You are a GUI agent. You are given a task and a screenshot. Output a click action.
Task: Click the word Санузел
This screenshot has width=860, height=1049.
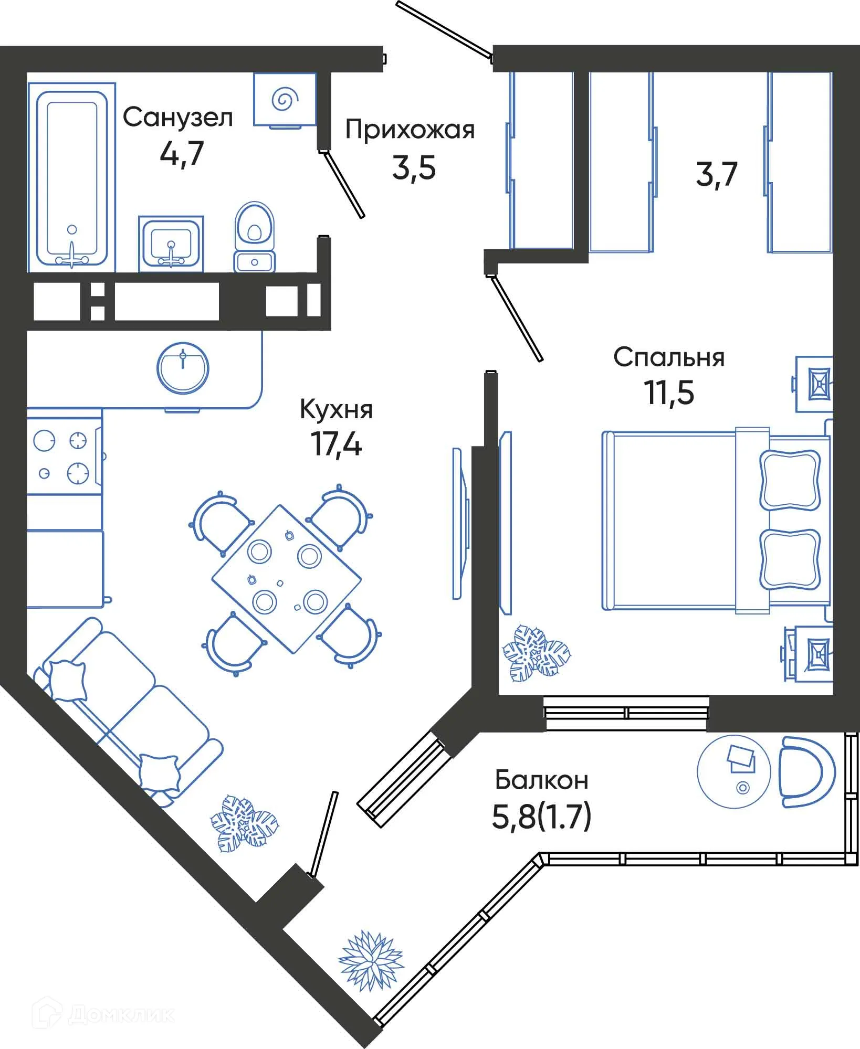point(177,118)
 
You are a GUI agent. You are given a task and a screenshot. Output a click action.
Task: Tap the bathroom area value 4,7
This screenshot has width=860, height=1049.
point(182,153)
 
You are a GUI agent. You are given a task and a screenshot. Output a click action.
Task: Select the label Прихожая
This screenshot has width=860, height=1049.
point(410,130)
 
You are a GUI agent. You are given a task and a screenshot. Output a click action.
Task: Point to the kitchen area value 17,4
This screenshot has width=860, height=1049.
point(336,444)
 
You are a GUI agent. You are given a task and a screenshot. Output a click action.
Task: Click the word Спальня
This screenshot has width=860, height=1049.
point(669,357)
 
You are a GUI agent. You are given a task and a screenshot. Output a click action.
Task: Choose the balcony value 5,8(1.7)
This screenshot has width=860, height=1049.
point(541,817)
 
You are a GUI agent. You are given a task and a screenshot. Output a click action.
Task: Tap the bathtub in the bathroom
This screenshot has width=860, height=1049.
point(72,177)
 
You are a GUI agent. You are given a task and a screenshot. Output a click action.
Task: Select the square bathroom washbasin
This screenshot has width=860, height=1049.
point(171,243)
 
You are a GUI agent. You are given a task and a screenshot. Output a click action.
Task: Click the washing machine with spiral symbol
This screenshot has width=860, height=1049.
point(285,100)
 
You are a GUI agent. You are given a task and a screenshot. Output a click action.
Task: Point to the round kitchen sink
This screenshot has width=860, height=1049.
point(183,368)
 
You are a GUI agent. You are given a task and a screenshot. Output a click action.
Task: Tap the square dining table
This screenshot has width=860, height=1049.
point(287,579)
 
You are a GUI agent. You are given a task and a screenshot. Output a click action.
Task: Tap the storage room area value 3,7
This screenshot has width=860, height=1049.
point(717,174)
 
